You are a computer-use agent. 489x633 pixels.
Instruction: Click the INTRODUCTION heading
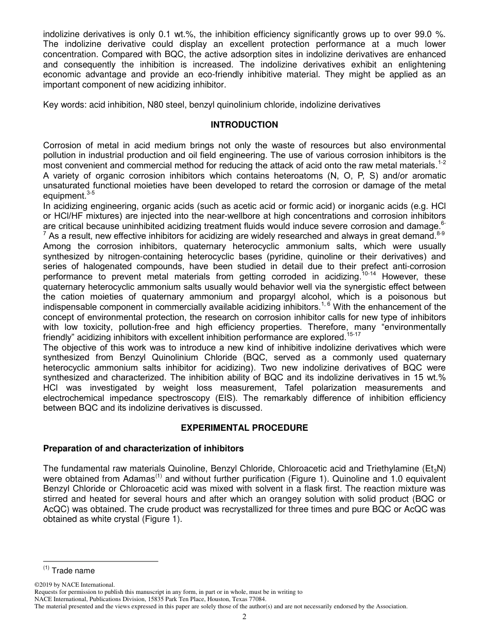(244, 125)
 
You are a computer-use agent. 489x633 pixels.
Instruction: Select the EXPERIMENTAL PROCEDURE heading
(244, 428)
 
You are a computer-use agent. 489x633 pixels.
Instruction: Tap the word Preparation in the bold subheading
(65, 448)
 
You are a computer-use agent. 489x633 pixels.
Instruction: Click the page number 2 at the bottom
(244, 617)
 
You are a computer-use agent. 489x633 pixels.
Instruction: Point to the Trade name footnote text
(73, 570)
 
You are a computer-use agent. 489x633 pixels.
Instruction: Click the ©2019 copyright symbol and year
(44, 585)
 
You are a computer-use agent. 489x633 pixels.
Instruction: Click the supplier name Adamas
(130, 478)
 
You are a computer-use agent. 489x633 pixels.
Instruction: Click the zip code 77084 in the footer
(257, 599)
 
